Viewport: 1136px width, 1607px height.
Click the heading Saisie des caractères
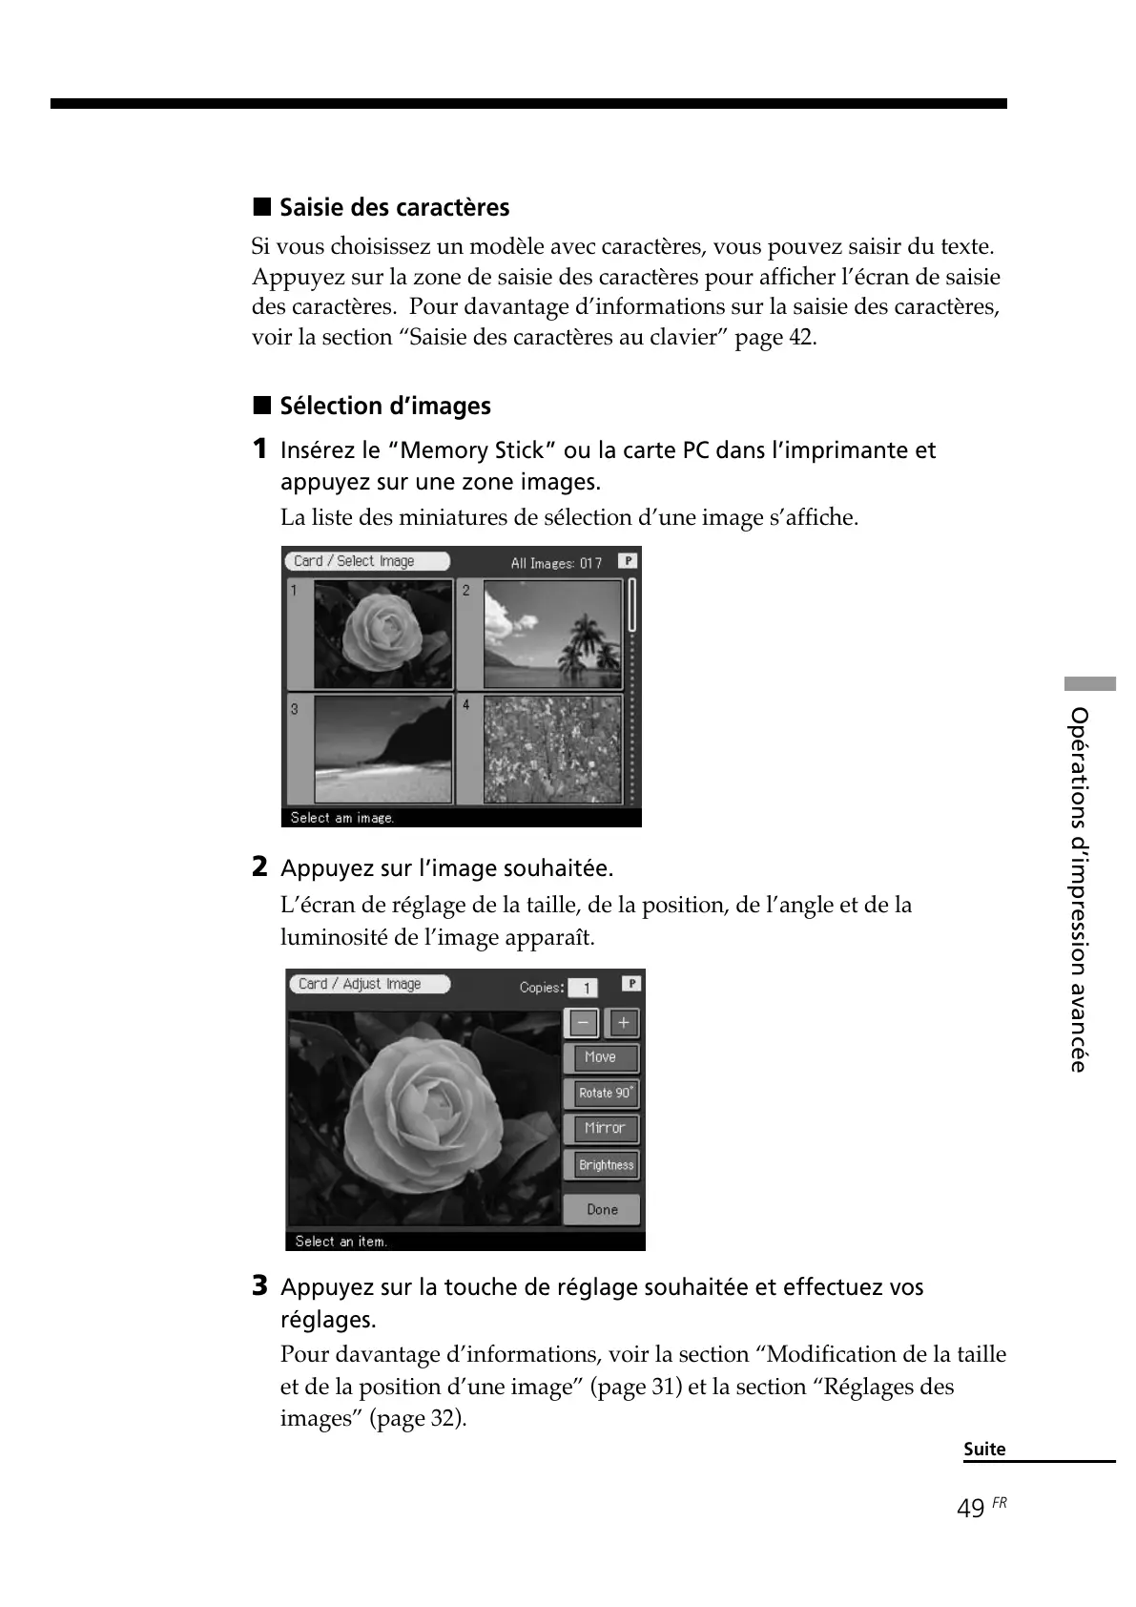[394, 208]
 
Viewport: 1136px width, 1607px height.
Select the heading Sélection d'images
[384, 407]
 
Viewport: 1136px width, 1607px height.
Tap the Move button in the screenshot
[601, 1057]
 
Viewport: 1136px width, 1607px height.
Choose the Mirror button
[604, 1128]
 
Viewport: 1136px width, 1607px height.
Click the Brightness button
[605, 1165]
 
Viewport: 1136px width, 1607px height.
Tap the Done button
[602, 1209]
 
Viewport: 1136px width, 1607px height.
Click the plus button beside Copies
[623, 1023]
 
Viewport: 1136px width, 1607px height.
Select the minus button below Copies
[583, 1023]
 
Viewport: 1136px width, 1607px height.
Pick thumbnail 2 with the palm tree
[552, 635]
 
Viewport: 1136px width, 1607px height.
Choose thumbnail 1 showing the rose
[382, 635]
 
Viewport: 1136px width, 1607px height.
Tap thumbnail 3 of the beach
[382, 749]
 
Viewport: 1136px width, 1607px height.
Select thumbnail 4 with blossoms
[552, 749]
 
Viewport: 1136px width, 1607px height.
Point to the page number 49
[971, 1509]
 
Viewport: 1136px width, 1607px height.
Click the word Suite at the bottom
[984, 1449]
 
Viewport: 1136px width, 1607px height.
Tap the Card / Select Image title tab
[367, 561]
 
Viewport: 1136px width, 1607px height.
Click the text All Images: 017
[556, 563]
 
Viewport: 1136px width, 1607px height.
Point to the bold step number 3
[259, 1286]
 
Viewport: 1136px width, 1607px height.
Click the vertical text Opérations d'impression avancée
[1079, 888]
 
